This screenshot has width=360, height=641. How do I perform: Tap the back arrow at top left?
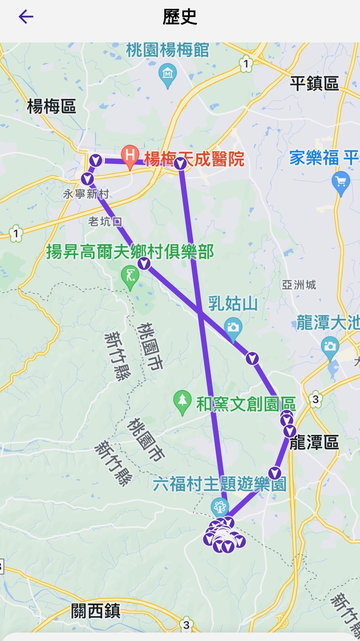[26, 17]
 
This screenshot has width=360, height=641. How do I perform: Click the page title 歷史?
[180, 17]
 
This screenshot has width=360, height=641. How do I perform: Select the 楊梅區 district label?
[52, 106]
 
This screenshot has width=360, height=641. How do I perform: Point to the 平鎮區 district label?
[314, 83]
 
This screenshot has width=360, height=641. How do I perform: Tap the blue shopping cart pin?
[341, 182]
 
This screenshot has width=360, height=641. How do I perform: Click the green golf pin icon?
[130, 276]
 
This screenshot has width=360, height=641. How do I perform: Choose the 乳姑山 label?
[233, 304]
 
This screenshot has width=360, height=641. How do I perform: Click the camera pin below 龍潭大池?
[330, 347]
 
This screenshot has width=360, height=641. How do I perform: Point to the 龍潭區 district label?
[314, 443]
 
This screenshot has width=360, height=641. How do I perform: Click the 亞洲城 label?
[299, 285]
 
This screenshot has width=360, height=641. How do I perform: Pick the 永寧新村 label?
[86, 194]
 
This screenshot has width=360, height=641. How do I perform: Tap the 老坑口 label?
[105, 221]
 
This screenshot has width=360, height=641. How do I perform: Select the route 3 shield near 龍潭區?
[315, 399]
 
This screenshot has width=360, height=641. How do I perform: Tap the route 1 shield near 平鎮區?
[246, 64]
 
